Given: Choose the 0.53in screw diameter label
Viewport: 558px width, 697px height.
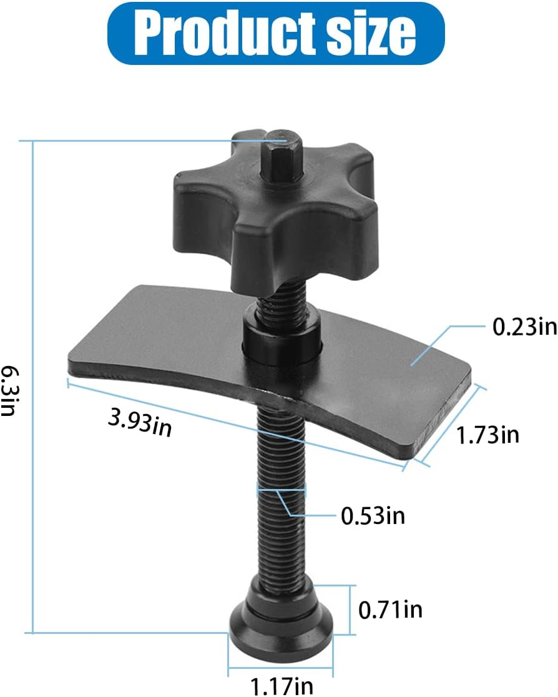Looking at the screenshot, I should (373, 516).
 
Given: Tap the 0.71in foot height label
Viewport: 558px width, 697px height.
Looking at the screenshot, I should (390, 608).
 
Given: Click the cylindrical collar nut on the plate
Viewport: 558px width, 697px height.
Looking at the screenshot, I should (281, 341).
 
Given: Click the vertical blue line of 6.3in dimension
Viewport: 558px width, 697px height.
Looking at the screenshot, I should (32, 387).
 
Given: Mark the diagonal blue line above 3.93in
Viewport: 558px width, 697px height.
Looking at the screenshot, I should (237, 425).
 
